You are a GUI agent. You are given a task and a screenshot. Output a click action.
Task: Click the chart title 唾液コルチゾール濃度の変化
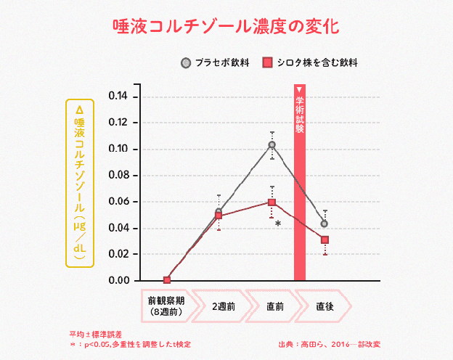click(226, 26)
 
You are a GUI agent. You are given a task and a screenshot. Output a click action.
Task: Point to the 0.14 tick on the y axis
click(118, 97)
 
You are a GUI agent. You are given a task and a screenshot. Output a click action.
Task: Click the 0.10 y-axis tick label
click(118, 150)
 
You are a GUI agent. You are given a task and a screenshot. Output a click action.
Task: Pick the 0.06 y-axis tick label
click(118, 202)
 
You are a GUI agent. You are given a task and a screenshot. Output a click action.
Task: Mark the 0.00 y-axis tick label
click(118, 280)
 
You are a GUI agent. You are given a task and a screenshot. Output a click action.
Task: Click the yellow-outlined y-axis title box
click(80, 181)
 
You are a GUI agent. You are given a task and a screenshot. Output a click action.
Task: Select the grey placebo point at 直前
click(272, 145)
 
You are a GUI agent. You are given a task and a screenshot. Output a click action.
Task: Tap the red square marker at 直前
click(272, 202)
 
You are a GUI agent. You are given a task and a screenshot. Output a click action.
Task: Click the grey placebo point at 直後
click(325, 224)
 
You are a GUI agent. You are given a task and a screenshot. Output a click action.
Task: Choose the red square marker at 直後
click(325, 240)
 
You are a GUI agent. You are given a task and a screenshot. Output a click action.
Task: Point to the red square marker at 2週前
click(219, 216)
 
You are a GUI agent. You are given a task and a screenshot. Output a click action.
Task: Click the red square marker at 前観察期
click(167, 280)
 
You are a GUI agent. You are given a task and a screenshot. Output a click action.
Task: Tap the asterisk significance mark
click(278, 224)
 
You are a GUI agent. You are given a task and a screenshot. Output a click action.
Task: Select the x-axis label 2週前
click(223, 306)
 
